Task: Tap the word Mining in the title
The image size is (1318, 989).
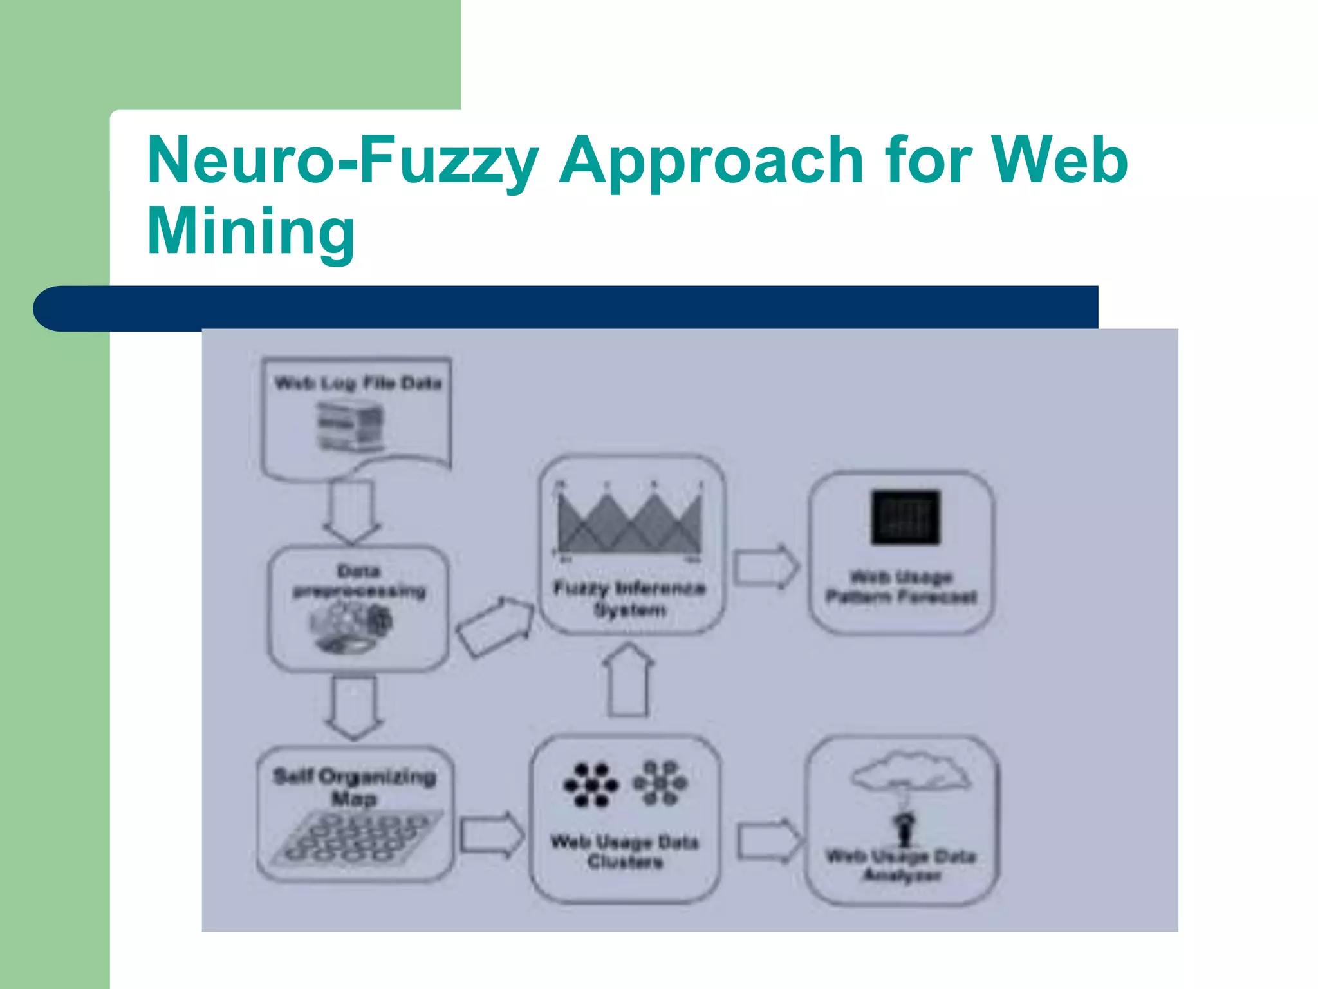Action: [251, 232]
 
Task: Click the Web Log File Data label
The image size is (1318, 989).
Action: [358, 383]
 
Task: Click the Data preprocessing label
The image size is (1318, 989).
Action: [359, 581]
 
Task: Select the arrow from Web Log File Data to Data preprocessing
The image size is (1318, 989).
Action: [352, 513]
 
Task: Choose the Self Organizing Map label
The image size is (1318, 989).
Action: [355, 787]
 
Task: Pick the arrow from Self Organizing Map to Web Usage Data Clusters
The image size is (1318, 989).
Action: [492, 835]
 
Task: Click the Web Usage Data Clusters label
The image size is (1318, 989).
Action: [624, 851]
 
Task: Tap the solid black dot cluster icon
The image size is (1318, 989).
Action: [591, 785]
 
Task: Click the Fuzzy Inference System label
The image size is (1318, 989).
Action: [629, 598]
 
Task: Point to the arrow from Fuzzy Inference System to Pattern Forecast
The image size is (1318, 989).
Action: [766, 567]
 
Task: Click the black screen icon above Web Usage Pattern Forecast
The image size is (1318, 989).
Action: [905, 517]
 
